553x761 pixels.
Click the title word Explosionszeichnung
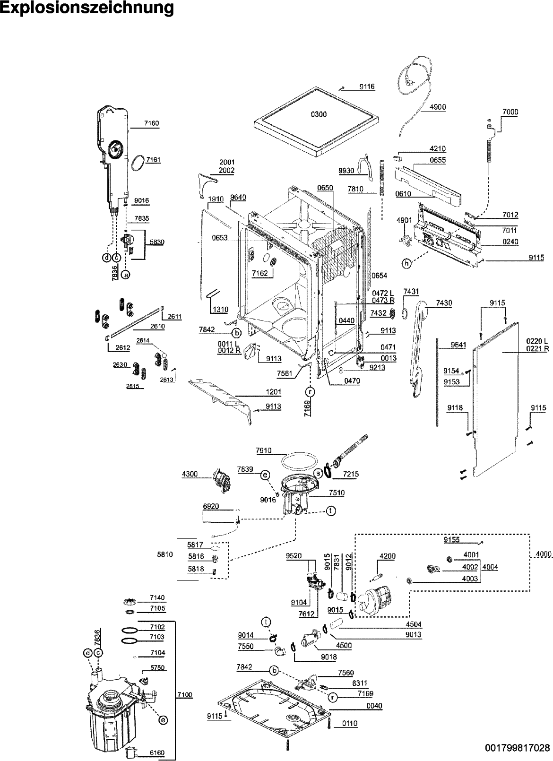coord(87,8)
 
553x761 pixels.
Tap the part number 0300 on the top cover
coord(318,114)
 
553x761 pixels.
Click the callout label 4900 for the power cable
coord(437,107)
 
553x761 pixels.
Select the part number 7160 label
coord(151,123)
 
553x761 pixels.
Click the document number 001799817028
coord(517,748)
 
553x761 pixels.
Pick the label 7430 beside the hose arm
coord(443,303)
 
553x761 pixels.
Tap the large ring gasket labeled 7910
coord(298,460)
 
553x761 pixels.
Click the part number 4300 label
coord(190,474)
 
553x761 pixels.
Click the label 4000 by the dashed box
coord(544,554)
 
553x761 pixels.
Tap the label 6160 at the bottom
coord(157,752)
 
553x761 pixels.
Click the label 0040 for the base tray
coord(374,706)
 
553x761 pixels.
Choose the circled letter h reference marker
coord(406,264)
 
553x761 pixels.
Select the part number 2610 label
coord(157,326)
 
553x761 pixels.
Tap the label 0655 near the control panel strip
coord(438,160)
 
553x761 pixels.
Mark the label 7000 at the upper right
coord(510,112)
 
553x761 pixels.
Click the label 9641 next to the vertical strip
coord(458,345)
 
